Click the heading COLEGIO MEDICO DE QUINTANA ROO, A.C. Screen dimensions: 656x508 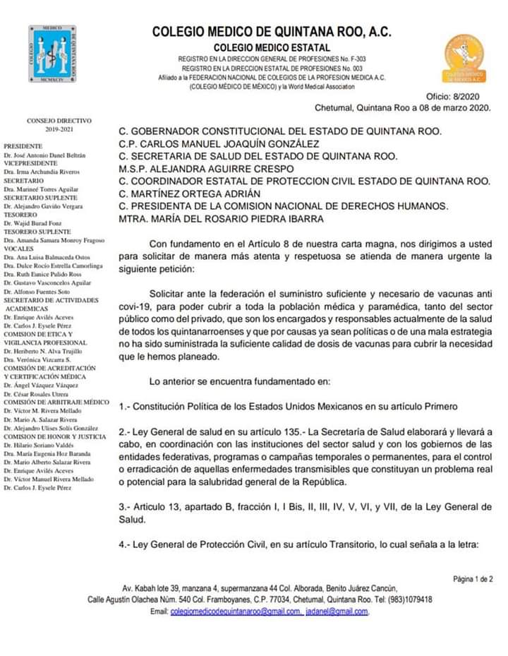[271, 32]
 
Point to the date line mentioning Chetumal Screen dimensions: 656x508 [402, 108]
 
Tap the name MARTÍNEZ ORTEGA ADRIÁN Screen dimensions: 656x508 [190, 193]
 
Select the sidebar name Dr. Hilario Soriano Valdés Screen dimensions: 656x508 [38, 446]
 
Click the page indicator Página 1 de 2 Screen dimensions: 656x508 [472, 579]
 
